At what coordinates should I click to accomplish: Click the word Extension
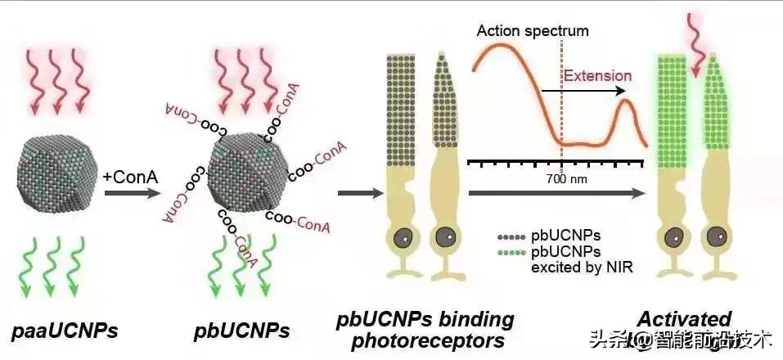point(598,76)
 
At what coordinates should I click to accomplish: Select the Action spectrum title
point(532,31)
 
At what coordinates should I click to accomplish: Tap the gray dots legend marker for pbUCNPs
point(512,235)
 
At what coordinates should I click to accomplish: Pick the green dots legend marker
point(512,250)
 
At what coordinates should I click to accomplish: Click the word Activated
point(684,318)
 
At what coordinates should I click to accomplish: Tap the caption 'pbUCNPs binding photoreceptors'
point(425,329)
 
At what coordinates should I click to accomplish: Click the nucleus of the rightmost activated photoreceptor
point(716,240)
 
